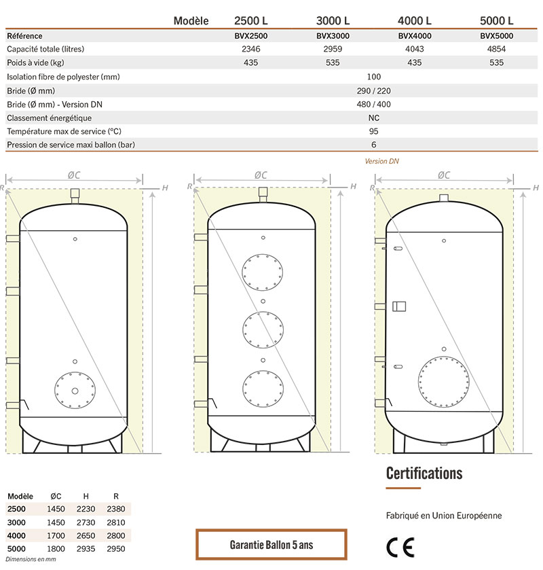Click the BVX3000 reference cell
333,36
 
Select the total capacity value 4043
415,49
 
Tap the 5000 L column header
497,20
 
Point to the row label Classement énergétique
49,118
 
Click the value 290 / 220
373,91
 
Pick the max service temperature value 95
373,131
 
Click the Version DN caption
381,162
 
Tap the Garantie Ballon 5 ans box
271,545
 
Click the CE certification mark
400,548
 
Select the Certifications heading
424,474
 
